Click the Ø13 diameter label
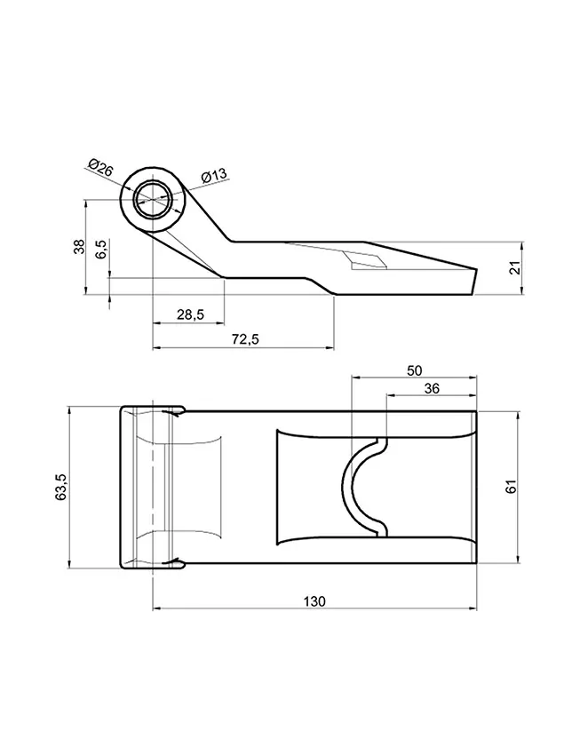[x=214, y=175]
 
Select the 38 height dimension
[x=79, y=247]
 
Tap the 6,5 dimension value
[x=101, y=250]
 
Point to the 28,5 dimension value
[x=189, y=314]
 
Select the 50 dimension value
[x=414, y=370]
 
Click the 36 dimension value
[x=432, y=387]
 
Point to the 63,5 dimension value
[x=62, y=487]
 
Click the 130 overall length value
[x=314, y=601]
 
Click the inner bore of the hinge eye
[x=153, y=200]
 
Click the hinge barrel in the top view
[x=142, y=487]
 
